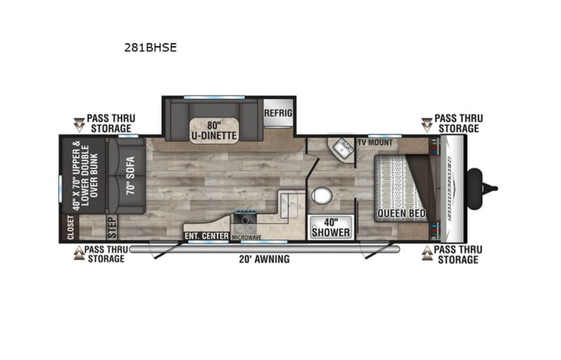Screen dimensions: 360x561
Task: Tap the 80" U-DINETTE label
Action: click(x=214, y=130)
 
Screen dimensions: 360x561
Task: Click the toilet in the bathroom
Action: click(x=322, y=197)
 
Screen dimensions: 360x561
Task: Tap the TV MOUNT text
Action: click(x=375, y=143)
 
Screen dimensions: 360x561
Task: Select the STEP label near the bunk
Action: click(x=111, y=228)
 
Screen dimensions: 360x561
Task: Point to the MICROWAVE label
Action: click(x=247, y=236)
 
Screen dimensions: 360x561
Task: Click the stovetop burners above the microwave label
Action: click(x=246, y=223)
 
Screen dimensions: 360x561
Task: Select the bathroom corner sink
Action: click(x=341, y=150)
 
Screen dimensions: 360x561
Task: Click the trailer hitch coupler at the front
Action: click(x=489, y=187)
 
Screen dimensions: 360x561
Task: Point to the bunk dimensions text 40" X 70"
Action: click(x=75, y=177)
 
